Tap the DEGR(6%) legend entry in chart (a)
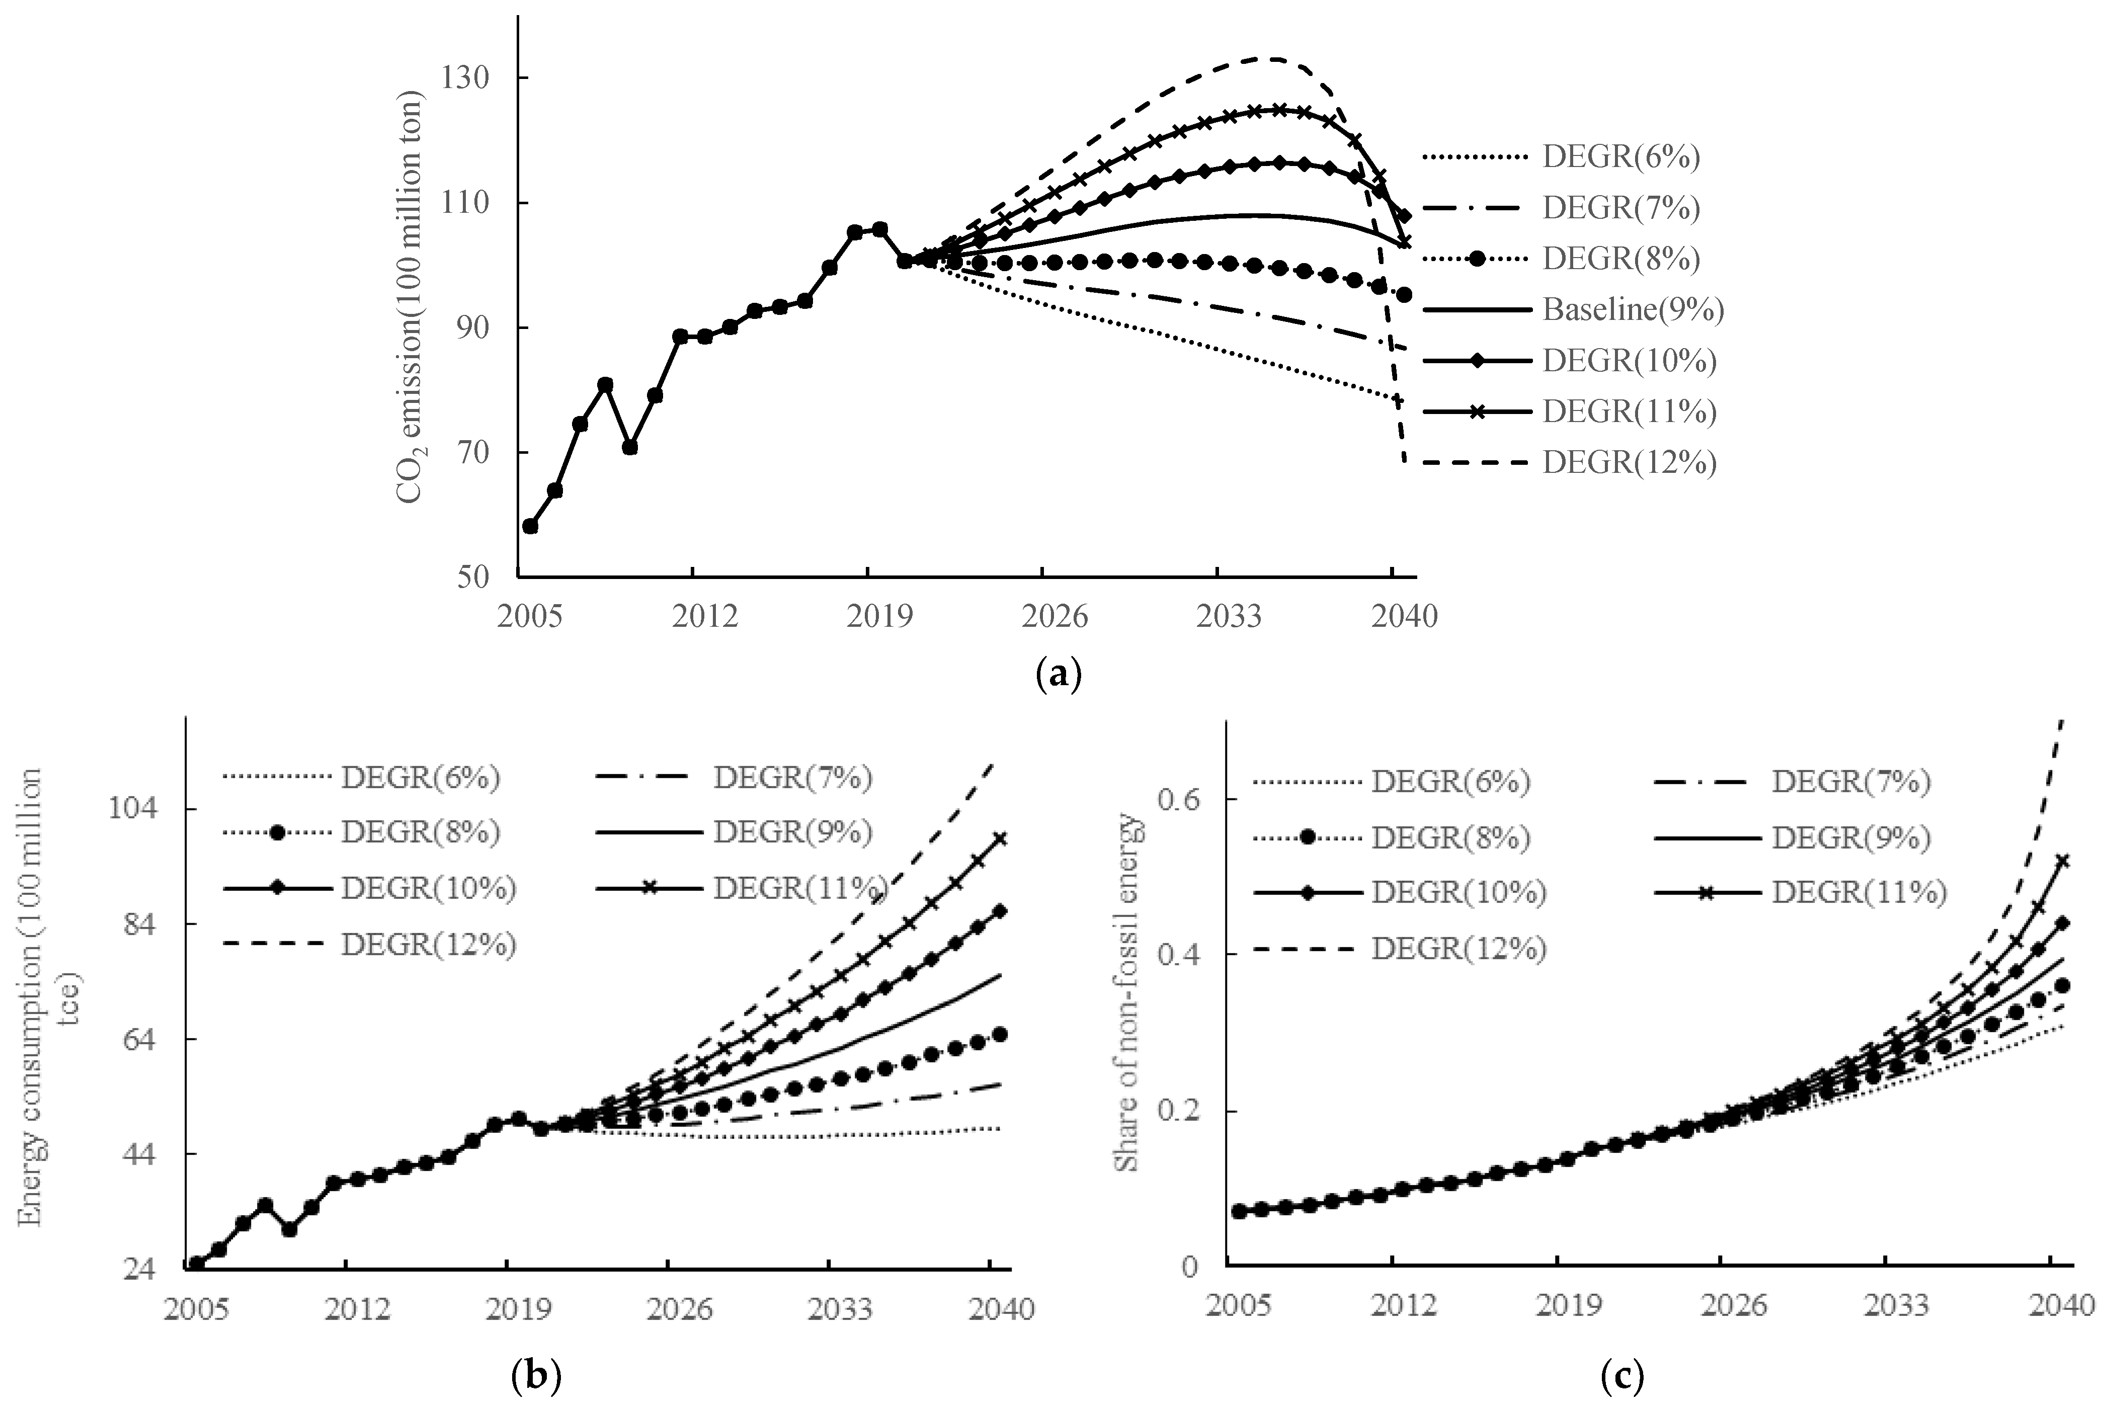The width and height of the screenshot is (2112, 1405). click(1620, 158)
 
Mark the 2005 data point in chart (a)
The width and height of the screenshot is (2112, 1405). click(530, 526)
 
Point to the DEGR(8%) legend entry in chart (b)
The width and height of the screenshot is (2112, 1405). click(420, 833)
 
